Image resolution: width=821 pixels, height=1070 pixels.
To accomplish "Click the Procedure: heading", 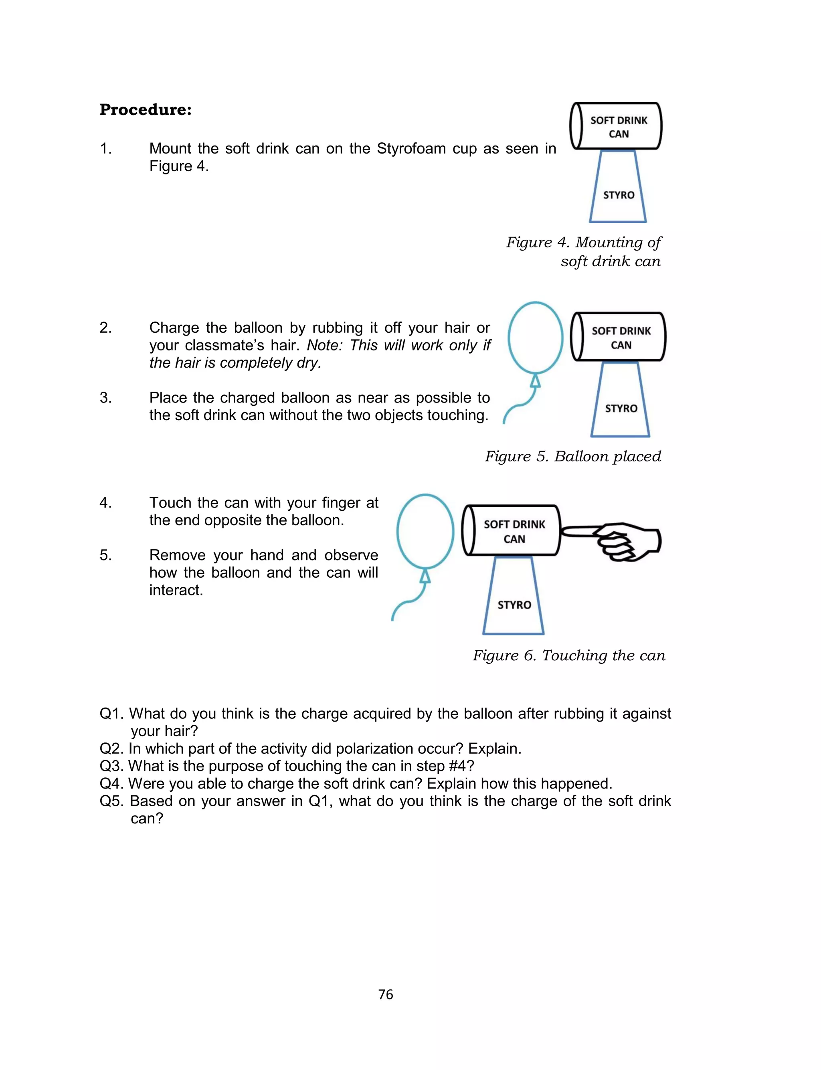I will [x=145, y=109].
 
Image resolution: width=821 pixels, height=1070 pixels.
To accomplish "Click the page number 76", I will [x=386, y=994].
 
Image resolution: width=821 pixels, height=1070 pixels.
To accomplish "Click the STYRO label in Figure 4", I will [x=618, y=195].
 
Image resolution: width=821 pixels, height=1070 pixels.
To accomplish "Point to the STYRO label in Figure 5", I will [x=621, y=409].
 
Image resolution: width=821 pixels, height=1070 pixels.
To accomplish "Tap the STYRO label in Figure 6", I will [x=514, y=605].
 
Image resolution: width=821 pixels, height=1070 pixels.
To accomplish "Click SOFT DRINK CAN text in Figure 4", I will [x=618, y=127].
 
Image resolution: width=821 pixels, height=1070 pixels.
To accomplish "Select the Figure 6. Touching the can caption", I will [x=569, y=655].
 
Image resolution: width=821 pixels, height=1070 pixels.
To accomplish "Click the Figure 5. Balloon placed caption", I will [x=573, y=456].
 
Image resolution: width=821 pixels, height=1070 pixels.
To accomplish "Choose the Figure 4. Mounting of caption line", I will [x=584, y=242].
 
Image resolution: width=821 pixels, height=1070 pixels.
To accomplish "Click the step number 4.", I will [x=105, y=503].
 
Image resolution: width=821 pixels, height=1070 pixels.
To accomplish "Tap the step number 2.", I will [x=105, y=328].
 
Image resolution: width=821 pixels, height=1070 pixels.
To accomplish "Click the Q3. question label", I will [x=111, y=766].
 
